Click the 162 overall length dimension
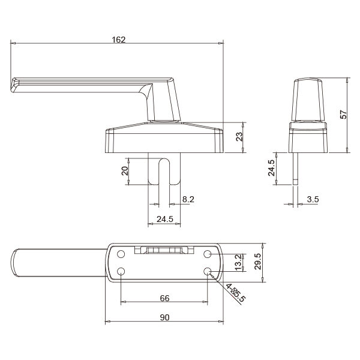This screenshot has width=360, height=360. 119,40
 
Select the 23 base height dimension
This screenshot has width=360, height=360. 238,136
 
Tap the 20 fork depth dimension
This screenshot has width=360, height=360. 124,170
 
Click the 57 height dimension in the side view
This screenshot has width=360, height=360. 343,115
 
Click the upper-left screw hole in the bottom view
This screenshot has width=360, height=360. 121,253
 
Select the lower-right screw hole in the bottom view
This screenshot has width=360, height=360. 208,271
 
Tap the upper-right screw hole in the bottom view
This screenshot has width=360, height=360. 208,253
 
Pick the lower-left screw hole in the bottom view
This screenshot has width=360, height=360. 121,271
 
